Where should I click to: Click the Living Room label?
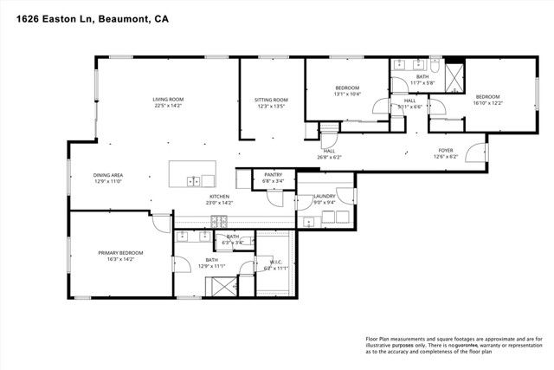coord(169,103)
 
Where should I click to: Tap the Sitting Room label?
coord(270,103)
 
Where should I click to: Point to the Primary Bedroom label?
coord(120,255)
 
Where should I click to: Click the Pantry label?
coord(274,178)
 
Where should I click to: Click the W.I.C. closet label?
coord(276,266)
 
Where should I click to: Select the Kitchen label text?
coord(220,199)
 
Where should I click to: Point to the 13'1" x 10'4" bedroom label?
coord(347,91)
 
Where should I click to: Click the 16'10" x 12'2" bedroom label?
coord(487,100)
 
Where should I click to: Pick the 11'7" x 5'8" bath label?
coord(422,80)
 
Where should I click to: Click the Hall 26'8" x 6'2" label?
coord(328,153)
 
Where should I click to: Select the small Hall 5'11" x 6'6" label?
coord(409,103)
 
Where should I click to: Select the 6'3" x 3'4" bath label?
coord(233,239)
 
